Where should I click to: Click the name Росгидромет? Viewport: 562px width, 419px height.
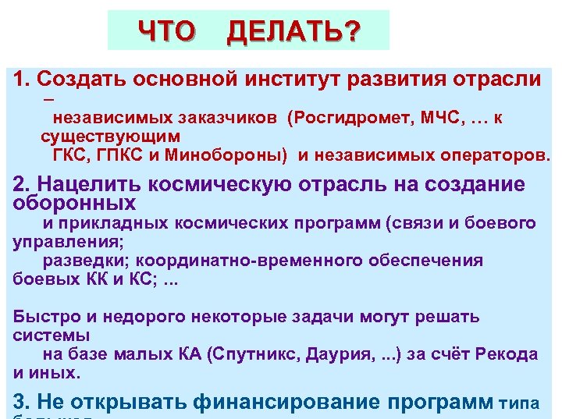pos(343,118)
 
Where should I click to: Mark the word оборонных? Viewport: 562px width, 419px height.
pos(75,204)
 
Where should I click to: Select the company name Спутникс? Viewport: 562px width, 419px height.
pos(254,354)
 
